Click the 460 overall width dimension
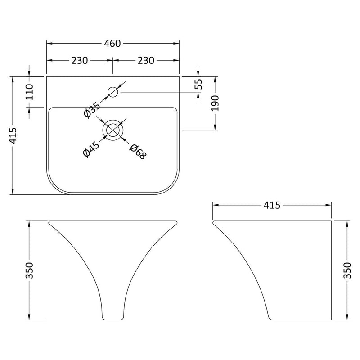[112, 43]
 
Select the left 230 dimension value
[80, 61]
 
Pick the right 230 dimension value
[145, 61]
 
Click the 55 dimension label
[198, 84]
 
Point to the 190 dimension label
[215, 103]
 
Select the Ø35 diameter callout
[92, 110]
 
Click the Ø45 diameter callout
[91, 150]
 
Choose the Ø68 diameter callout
[138, 152]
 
